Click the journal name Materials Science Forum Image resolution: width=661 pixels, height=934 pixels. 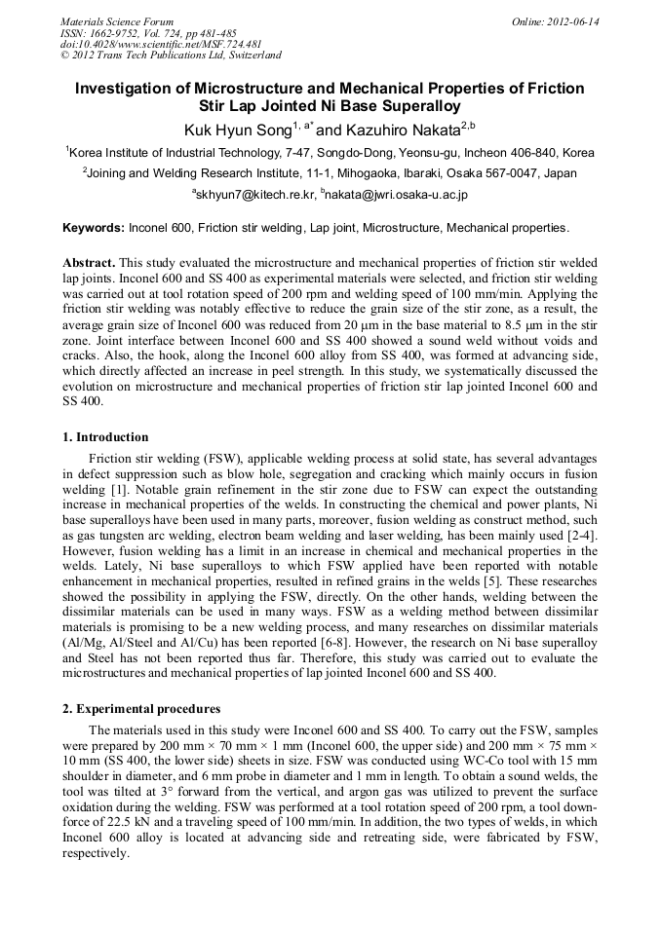[x=117, y=21]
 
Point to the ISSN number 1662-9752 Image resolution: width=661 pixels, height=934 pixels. [x=122, y=33]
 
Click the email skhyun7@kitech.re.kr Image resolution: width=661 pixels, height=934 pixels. [x=255, y=195]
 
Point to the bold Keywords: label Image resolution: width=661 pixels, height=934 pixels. [x=94, y=228]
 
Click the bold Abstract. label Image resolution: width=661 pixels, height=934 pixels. [x=90, y=264]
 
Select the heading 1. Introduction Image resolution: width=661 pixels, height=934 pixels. [x=105, y=437]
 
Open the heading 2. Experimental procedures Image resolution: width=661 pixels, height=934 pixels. [x=141, y=709]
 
